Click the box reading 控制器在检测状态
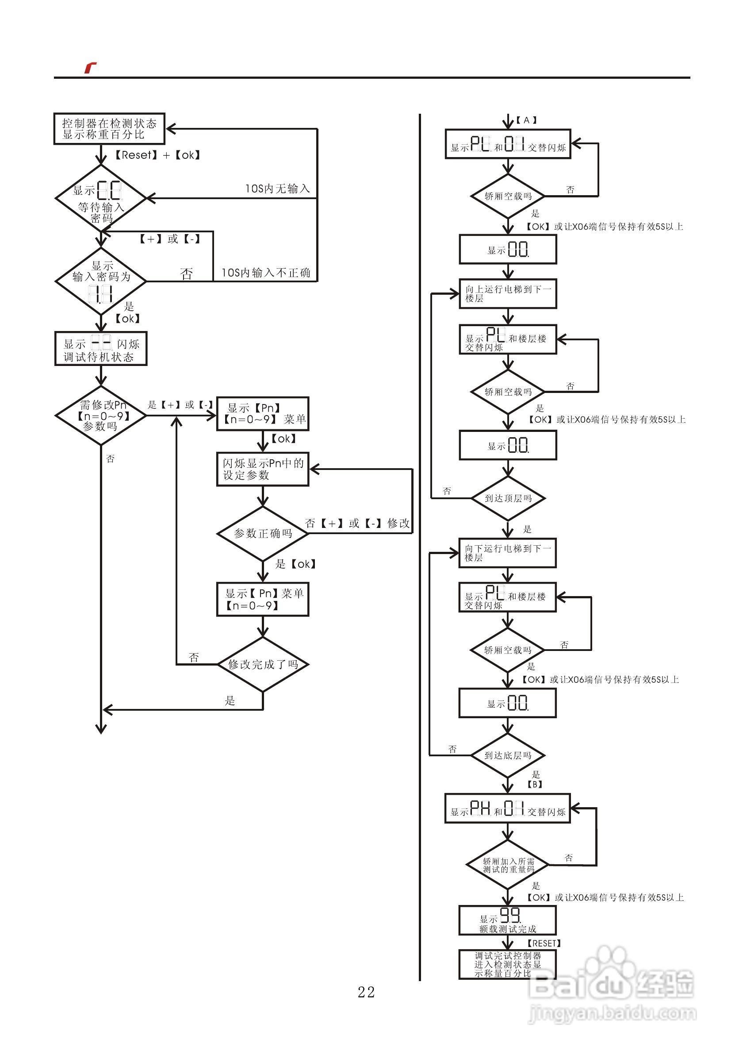pos(109,129)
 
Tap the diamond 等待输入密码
pos(100,199)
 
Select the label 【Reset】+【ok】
pos(157,155)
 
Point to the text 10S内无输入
pos(277,189)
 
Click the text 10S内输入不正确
pos(266,273)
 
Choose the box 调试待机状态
pos(100,349)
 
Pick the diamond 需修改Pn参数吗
pos(100,416)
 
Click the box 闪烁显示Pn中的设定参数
pos(263,469)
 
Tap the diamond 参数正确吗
pos(263,533)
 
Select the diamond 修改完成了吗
pos(263,664)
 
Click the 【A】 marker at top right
pos(526,120)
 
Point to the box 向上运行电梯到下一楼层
pos(508,293)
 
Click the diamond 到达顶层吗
pos(508,498)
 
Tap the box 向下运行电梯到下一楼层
pos(507,553)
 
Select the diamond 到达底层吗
pos(507,755)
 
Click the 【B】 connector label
pos(535,784)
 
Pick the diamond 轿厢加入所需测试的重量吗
pos(507,866)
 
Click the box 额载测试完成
pos(507,920)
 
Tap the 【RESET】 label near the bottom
pos(544,943)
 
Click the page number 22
pos(366,993)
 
